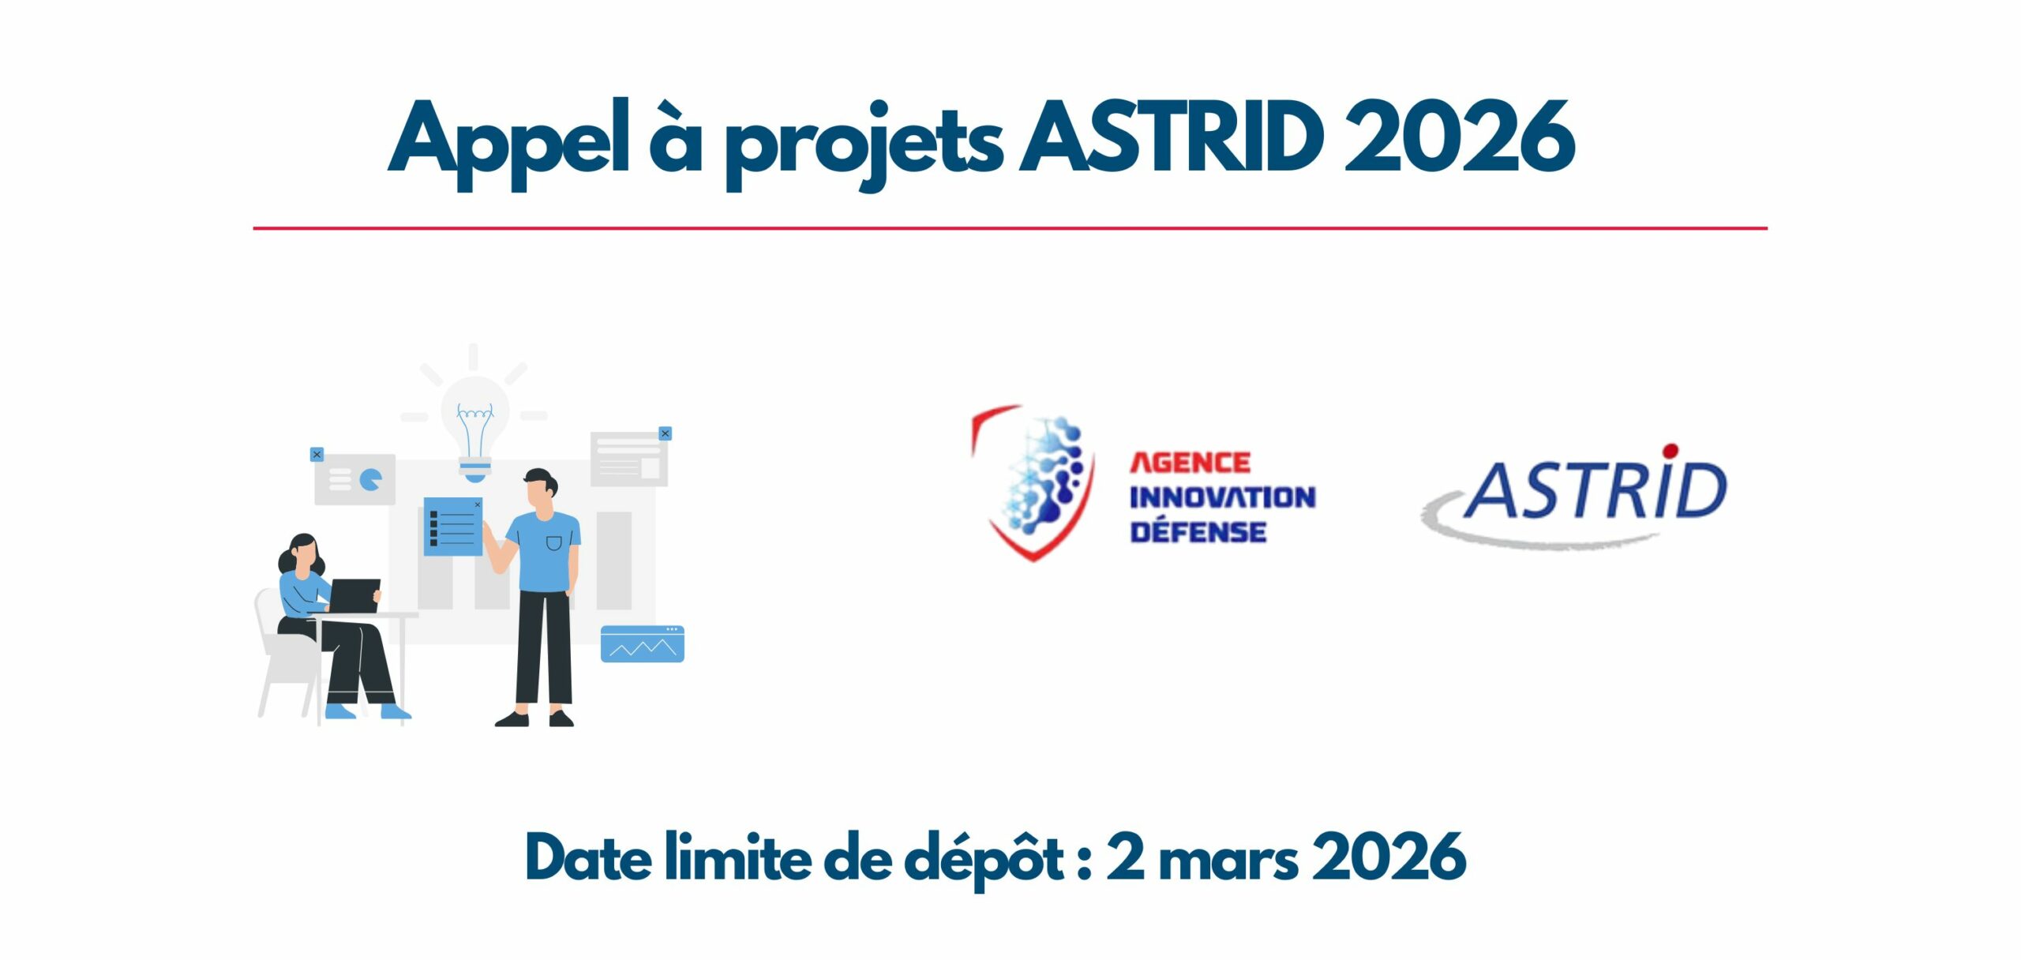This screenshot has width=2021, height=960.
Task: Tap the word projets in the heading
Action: [864, 146]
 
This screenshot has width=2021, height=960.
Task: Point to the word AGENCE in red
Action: [1190, 463]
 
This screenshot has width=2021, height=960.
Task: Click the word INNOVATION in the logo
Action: [1222, 497]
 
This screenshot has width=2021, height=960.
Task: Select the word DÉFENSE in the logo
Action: [1198, 531]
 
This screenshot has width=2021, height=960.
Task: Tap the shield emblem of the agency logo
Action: [1033, 482]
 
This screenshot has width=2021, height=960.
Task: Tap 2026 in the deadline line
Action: [1389, 857]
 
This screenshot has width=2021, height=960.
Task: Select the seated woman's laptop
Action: [354, 596]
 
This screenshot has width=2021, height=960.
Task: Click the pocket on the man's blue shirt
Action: [554, 543]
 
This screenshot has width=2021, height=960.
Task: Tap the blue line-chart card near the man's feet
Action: [642, 644]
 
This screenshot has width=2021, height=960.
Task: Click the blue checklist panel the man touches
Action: [453, 526]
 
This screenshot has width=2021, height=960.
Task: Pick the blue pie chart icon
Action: [370, 478]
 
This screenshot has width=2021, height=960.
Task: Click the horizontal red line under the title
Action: [1010, 228]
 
